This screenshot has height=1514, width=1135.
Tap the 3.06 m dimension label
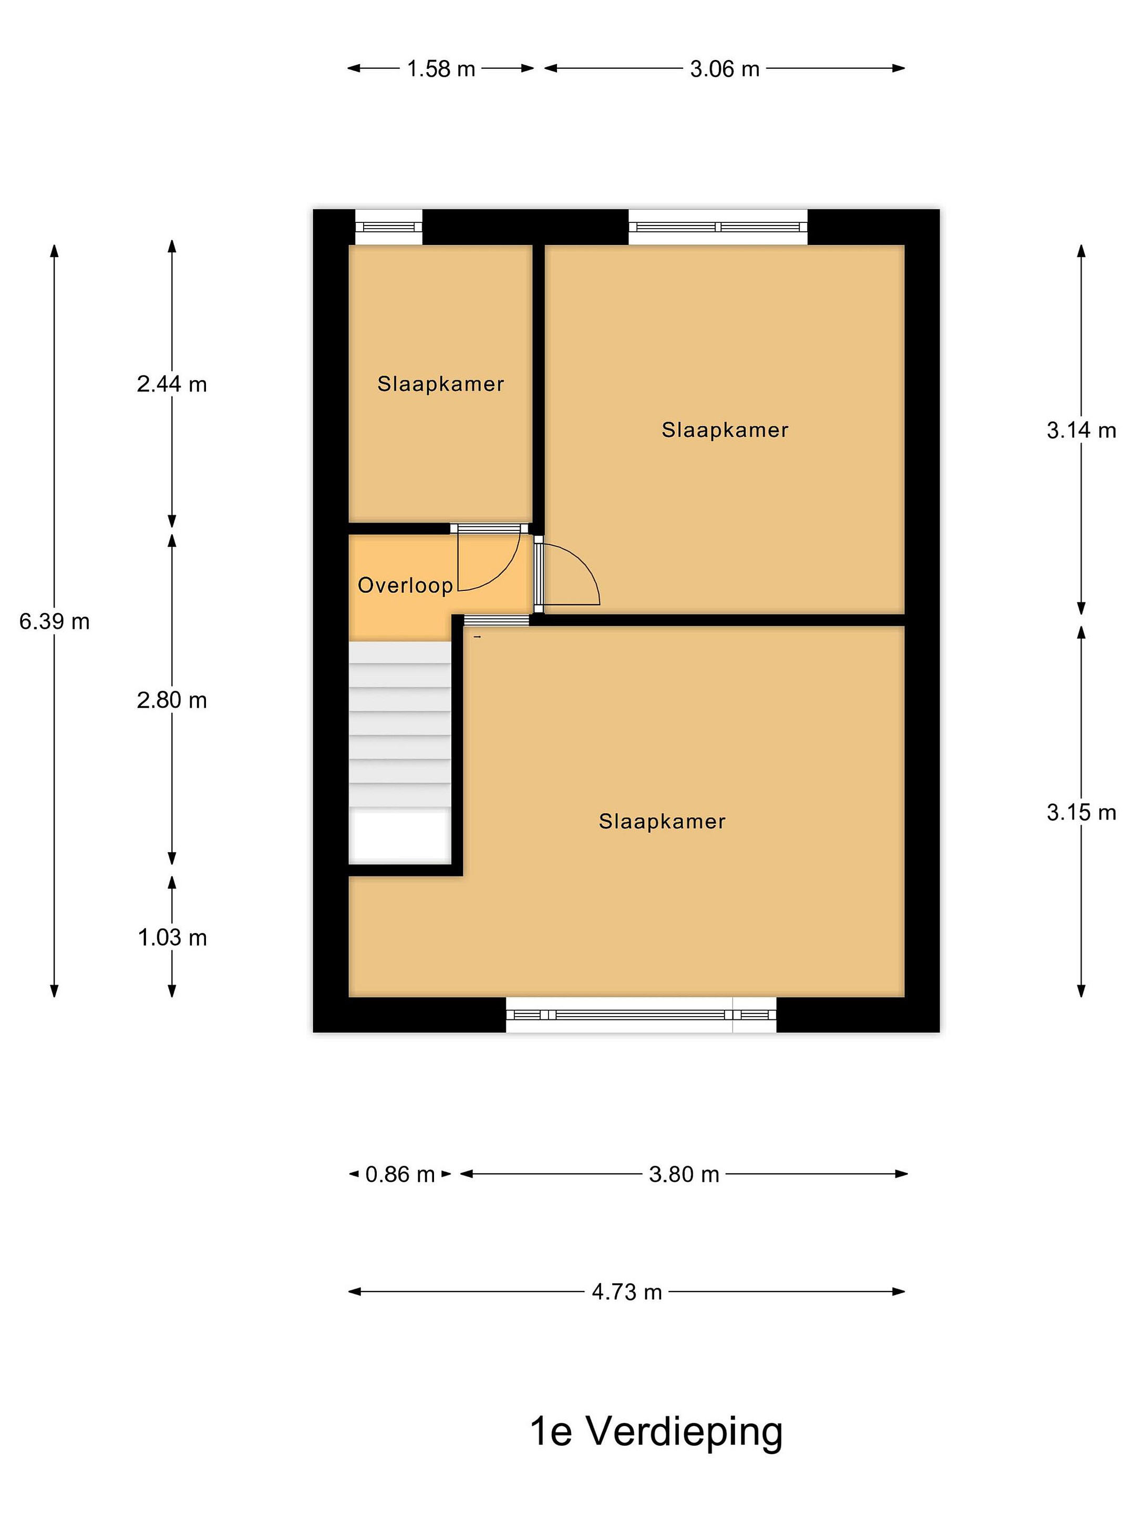pyautogui.click(x=725, y=68)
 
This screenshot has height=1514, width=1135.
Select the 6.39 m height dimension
pyautogui.click(x=54, y=621)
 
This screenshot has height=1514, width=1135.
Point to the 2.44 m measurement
pyautogui.click(x=172, y=384)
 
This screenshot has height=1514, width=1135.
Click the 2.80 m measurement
pyautogui.click(x=172, y=700)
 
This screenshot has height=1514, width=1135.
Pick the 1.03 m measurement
pyautogui.click(x=172, y=937)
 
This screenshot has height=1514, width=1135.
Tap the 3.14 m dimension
pyautogui.click(x=1081, y=430)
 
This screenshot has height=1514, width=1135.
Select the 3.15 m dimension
pyautogui.click(x=1081, y=812)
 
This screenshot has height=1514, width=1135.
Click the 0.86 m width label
pyautogui.click(x=400, y=1174)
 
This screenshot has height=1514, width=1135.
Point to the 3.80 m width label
pyautogui.click(x=684, y=1174)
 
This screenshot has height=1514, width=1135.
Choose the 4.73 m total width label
pyautogui.click(x=627, y=1292)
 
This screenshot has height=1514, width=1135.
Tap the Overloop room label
pyautogui.click(x=406, y=585)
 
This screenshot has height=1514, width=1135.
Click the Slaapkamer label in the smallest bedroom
pyautogui.click(x=440, y=384)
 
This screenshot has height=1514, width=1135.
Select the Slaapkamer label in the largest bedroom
pyautogui.click(x=662, y=821)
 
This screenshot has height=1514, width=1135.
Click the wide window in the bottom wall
pyautogui.click(x=641, y=1015)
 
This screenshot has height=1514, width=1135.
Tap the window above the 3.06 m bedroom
pyautogui.click(x=718, y=227)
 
